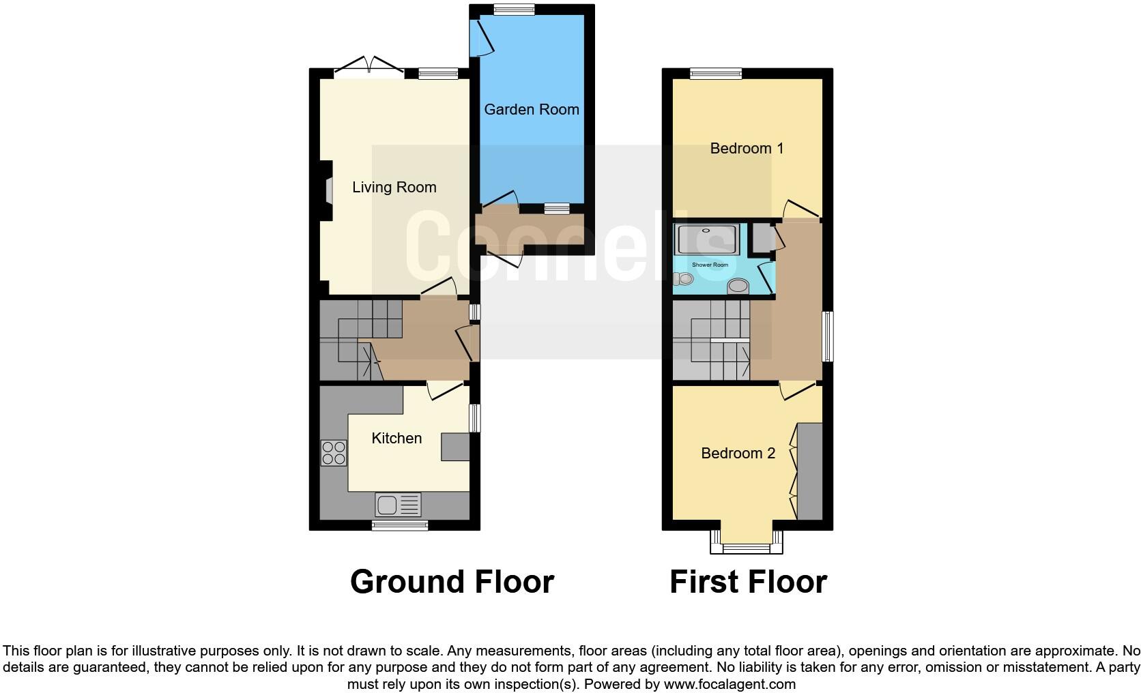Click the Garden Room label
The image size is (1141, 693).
pyautogui.click(x=531, y=110)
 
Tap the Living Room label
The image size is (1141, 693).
pyautogui.click(x=394, y=188)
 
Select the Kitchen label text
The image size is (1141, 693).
pyautogui.click(x=396, y=439)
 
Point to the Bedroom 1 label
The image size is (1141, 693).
pyautogui.click(x=747, y=149)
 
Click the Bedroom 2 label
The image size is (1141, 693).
pyautogui.click(x=738, y=454)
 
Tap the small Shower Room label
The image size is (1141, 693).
pyautogui.click(x=710, y=265)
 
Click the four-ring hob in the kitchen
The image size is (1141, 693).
pyautogui.click(x=334, y=453)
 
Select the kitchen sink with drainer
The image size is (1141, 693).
pyautogui.click(x=398, y=505)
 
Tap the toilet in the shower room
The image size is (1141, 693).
pyautogui.click(x=683, y=279)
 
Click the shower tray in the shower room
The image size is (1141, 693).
pyautogui.click(x=706, y=239)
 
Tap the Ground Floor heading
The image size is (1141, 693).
pyautogui.click(x=452, y=582)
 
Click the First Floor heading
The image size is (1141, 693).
pyautogui.click(x=748, y=582)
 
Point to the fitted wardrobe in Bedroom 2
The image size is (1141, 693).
pyautogui.click(x=810, y=471)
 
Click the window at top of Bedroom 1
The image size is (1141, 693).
pyautogui.click(x=715, y=74)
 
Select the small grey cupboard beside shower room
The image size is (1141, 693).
pyautogui.click(x=761, y=237)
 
